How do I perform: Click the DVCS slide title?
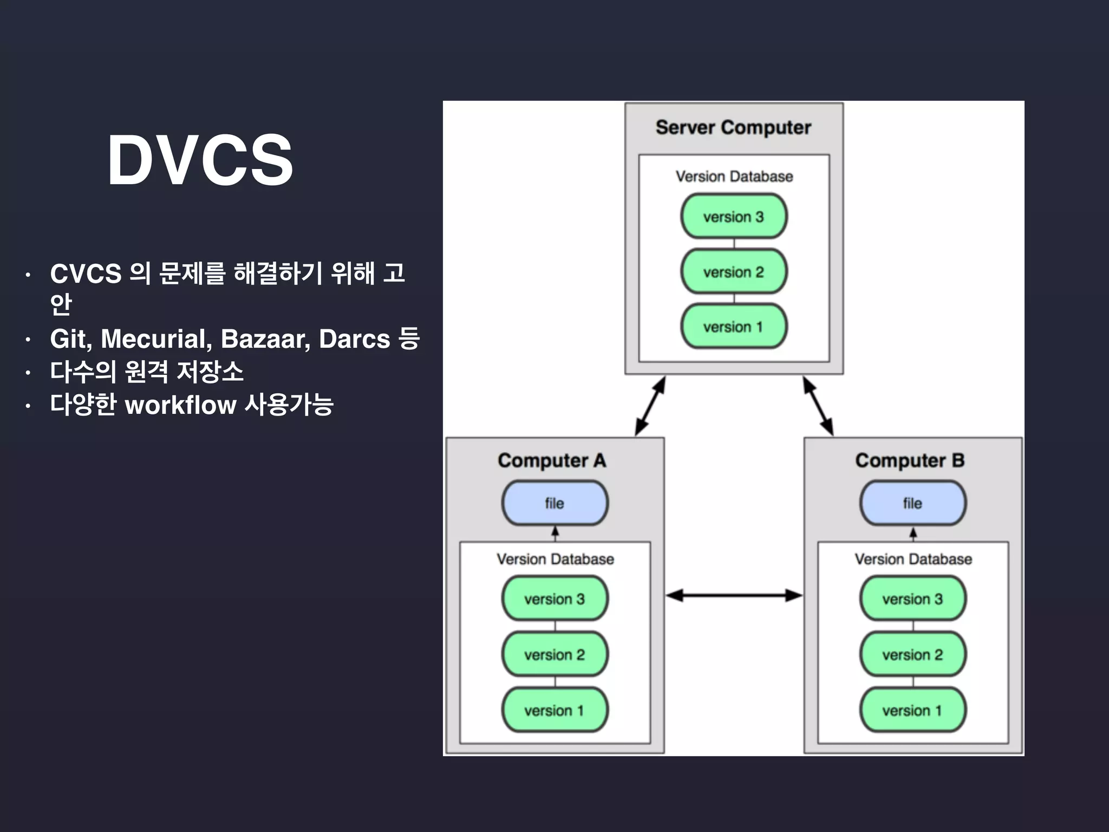(x=200, y=160)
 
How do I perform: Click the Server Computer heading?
(x=733, y=128)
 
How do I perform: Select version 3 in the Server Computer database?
(x=733, y=217)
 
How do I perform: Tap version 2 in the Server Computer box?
(x=733, y=272)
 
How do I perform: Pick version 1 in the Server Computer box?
(x=733, y=327)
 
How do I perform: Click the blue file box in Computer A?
(x=554, y=503)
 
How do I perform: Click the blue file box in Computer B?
(x=912, y=503)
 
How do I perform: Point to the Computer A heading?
(x=552, y=460)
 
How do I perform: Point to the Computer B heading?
(x=910, y=460)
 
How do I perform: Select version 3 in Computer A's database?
(x=554, y=599)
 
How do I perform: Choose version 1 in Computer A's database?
(x=554, y=710)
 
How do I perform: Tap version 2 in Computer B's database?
(x=912, y=655)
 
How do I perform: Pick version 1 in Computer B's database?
(x=912, y=710)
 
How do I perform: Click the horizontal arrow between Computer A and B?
(x=734, y=596)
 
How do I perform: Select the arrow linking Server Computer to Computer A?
(x=650, y=406)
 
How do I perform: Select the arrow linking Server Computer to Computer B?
(x=818, y=406)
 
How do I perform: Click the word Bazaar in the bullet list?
(x=265, y=339)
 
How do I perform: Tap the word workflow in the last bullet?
(x=180, y=405)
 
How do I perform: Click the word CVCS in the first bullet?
(x=86, y=274)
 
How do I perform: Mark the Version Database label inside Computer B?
(x=913, y=559)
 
